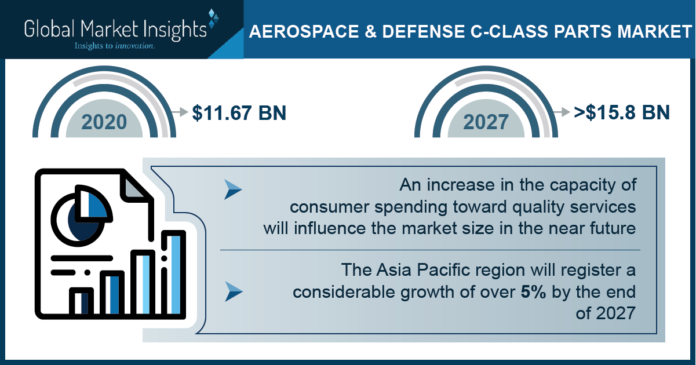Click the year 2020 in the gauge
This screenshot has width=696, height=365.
click(104, 122)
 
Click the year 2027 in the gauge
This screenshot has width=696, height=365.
click(486, 122)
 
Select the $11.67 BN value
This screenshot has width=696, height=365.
click(239, 113)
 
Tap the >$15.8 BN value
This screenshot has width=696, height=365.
click(621, 112)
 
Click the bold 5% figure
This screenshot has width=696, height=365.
click(533, 292)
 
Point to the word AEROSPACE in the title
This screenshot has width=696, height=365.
click(304, 31)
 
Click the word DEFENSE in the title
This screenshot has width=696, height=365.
click(424, 31)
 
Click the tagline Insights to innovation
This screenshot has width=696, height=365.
click(115, 46)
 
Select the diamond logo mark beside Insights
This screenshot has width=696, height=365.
click(213, 19)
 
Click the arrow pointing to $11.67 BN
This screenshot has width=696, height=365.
click(180, 112)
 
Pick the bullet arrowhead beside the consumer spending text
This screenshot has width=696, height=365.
click(233, 189)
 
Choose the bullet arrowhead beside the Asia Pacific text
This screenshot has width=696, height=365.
click(234, 291)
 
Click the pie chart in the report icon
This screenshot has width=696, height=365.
click(81, 216)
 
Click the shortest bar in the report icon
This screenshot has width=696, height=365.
click(81, 301)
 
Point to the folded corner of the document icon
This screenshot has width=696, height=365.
click(134, 187)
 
